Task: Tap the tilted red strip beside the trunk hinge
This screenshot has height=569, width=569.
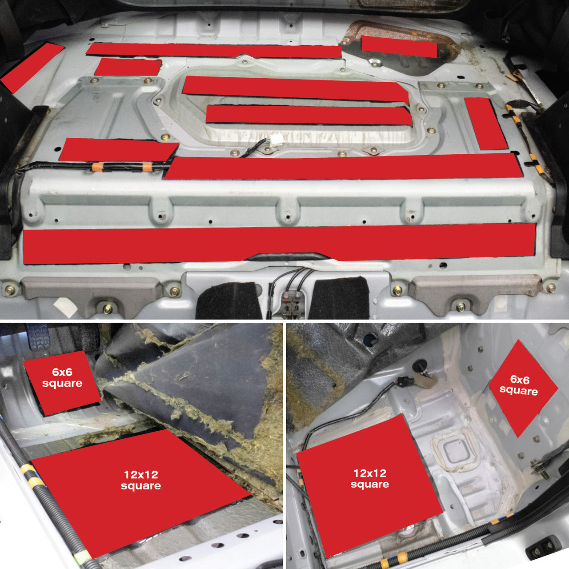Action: pyautogui.click(x=32, y=68)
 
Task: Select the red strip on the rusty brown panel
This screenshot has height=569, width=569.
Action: pyautogui.click(x=399, y=46)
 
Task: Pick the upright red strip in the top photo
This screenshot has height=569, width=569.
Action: pyautogui.click(x=485, y=124)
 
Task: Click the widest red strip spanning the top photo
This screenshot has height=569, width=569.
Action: pyautogui.click(x=279, y=243)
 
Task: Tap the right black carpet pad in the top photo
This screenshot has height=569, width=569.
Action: pyautogui.click(x=340, y=298)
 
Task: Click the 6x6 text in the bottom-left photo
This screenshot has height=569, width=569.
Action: pyautogui.click(x=62, y=372)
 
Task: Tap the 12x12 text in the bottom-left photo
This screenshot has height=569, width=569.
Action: pyautogui.click(x=141, y=474)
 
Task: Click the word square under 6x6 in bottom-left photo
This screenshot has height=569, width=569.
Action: pyautogui.click(x=62, y=383)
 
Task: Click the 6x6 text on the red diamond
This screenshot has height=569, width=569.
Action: pyautogui.click(x=520, y=380)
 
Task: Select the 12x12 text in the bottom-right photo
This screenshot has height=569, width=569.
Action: pyautogui.click(x=370, y=473)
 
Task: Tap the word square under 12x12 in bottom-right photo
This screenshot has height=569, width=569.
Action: pyautogui.click(x=370, y=485)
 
